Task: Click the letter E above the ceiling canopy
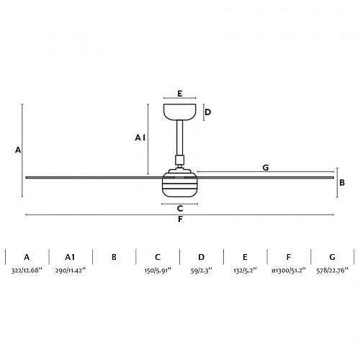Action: coord(180,94)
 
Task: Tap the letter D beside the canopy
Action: coord(208,112)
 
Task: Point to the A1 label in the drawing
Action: coord(140,138)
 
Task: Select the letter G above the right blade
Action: coord(266,168)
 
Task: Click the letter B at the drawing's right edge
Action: coord(342,183)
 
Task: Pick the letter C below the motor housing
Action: coord(180,209)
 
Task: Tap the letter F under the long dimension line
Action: coord(180,219)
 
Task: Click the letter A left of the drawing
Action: coord(18,150)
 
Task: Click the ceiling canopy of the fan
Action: coord(180,112)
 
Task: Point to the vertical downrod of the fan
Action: coord(180,138)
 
